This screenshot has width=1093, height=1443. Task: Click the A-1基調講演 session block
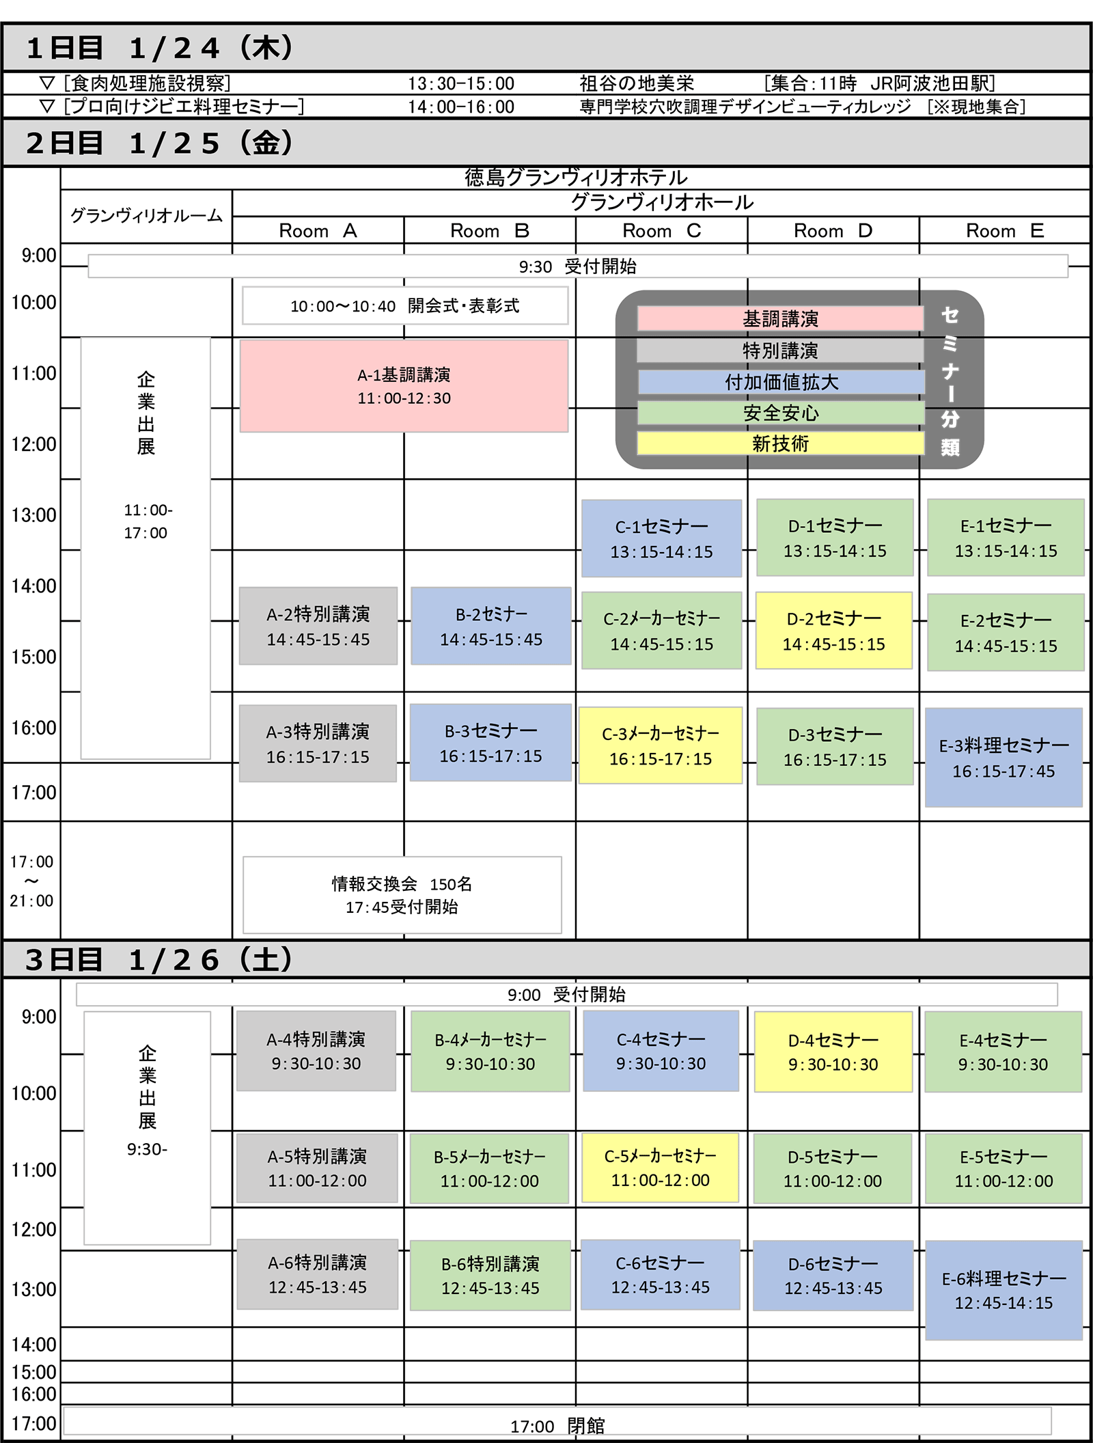pos(404,386)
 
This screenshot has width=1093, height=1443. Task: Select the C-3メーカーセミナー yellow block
pos(661,745)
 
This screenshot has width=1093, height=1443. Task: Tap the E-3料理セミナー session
pos(1004,758)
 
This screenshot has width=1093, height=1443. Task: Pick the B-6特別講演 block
pos(490,1276)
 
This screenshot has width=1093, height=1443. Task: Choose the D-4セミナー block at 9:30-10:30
pos(833,1052)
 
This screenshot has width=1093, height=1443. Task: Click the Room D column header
pos(833,231)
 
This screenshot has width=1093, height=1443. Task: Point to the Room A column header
pos(318,231)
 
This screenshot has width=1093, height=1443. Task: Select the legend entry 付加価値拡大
pos(781,382)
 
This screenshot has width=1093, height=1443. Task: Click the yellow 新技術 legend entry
pos(781,443)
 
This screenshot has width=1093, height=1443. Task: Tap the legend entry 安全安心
pos(781,413)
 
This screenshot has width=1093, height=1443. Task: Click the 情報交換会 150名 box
pos(402,895)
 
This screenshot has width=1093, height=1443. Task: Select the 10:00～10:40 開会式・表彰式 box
pos(405,305)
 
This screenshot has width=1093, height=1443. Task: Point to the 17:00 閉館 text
pos(557,1426)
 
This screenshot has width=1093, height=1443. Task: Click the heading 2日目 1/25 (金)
pos(160,143)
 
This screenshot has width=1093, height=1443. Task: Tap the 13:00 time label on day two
pos(33,515)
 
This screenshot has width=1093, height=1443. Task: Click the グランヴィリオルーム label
pos(146,216)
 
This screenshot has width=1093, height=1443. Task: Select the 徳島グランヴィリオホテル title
pos(576,178)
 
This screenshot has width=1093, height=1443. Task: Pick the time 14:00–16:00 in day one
pos(461,107)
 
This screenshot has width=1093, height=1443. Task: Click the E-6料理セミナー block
pos(1004,1291)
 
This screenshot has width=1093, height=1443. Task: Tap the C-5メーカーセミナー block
pos(661,1168)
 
